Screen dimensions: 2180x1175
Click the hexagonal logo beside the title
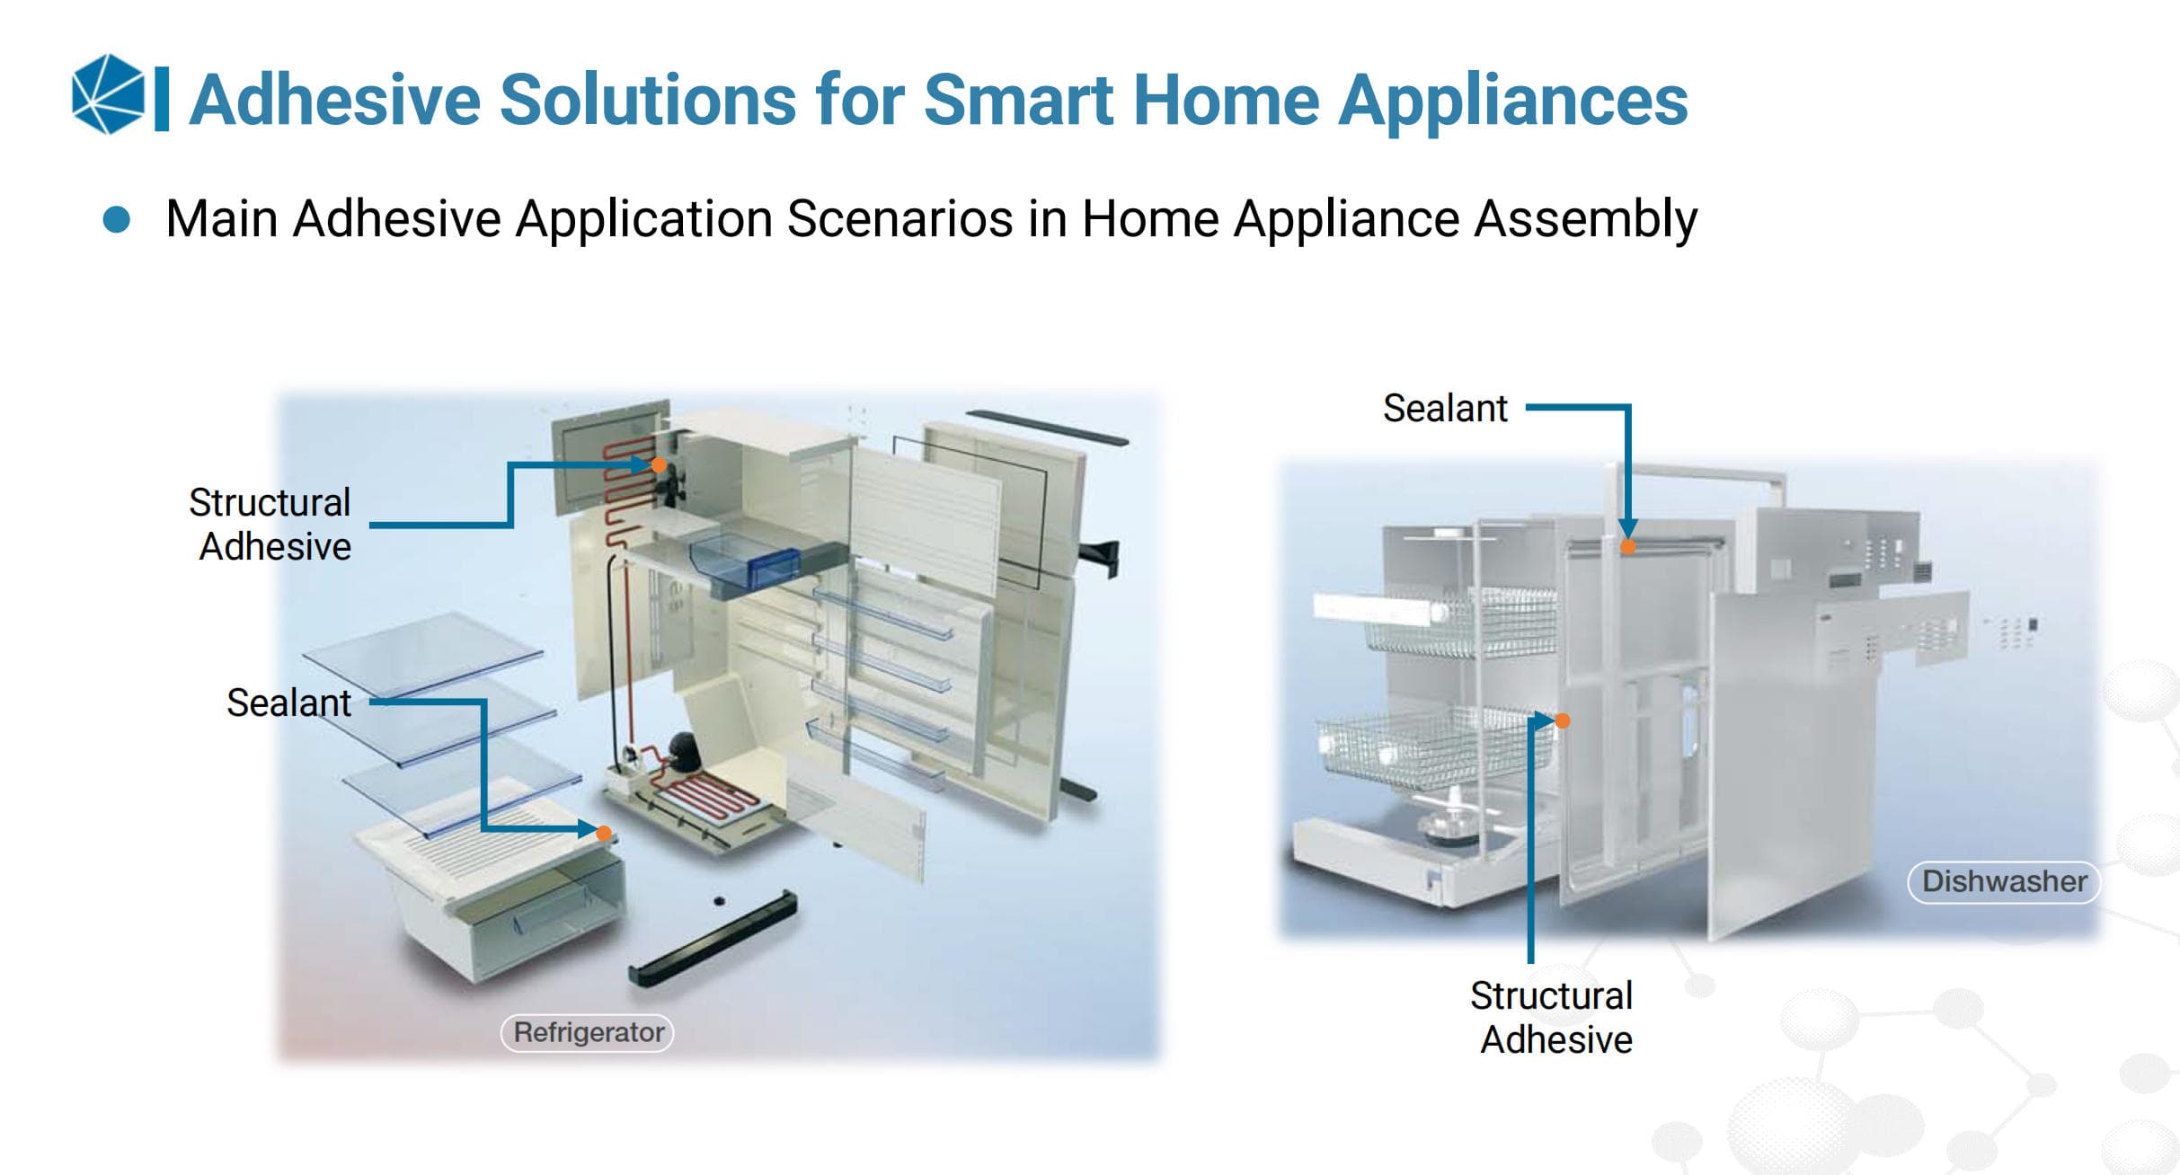point(108,94)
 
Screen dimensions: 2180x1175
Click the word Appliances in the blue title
point(1513,100)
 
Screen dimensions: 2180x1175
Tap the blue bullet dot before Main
point(117,219)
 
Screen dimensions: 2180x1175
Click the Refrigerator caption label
point(588,1032)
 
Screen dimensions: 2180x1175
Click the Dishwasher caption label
point(2004,881)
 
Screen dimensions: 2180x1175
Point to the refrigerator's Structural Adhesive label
point(270,525)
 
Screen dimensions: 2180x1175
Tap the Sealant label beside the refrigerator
point(288,702)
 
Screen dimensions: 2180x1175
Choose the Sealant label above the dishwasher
point(1445,408)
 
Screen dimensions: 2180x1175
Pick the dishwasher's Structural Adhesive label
point(1552,1017)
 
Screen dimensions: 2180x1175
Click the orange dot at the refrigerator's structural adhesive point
point(659,464)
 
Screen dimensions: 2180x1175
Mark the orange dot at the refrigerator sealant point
point(604,834)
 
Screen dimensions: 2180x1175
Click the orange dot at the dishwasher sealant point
point(1628,546)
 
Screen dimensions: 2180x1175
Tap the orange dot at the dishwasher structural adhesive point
point(1563,720)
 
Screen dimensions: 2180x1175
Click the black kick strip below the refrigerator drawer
point(712,938)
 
